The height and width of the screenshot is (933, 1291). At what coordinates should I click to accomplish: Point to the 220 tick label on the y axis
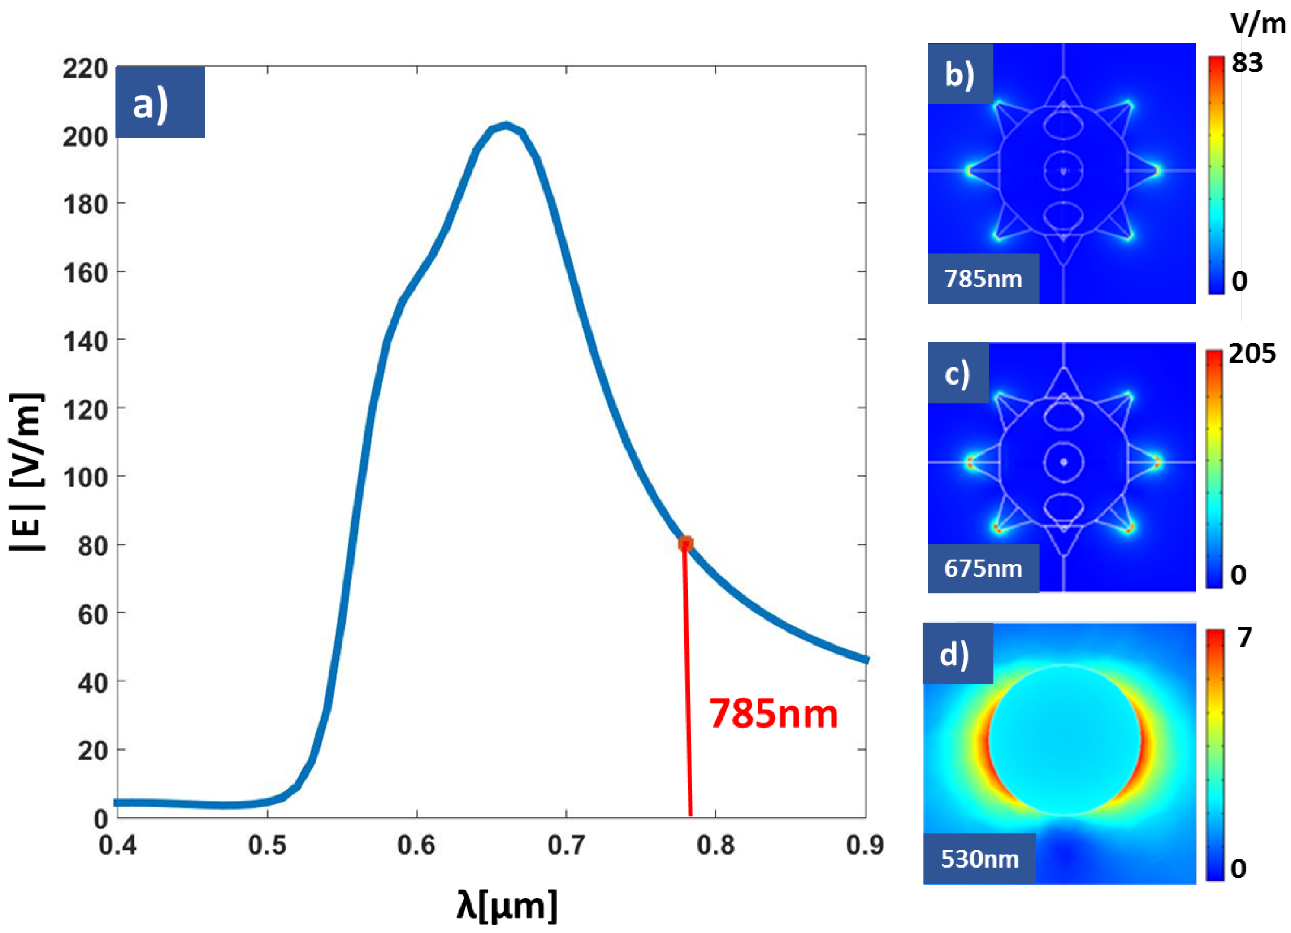[85, 69]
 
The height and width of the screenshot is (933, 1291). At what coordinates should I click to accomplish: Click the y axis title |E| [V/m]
[27, 472]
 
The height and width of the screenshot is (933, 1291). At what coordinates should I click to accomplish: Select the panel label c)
[957, 373]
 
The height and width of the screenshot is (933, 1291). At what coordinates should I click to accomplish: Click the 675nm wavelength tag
[983, 568]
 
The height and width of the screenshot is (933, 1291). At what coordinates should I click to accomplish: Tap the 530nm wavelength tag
[979, 859]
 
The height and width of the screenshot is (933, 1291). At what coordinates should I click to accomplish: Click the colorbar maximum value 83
[1247, 63]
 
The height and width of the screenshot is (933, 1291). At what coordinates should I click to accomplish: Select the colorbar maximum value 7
[1245, 637]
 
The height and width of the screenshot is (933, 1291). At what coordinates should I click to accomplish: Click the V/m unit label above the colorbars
[1258, 24]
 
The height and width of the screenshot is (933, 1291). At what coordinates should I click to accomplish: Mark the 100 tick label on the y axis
[85, 477]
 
